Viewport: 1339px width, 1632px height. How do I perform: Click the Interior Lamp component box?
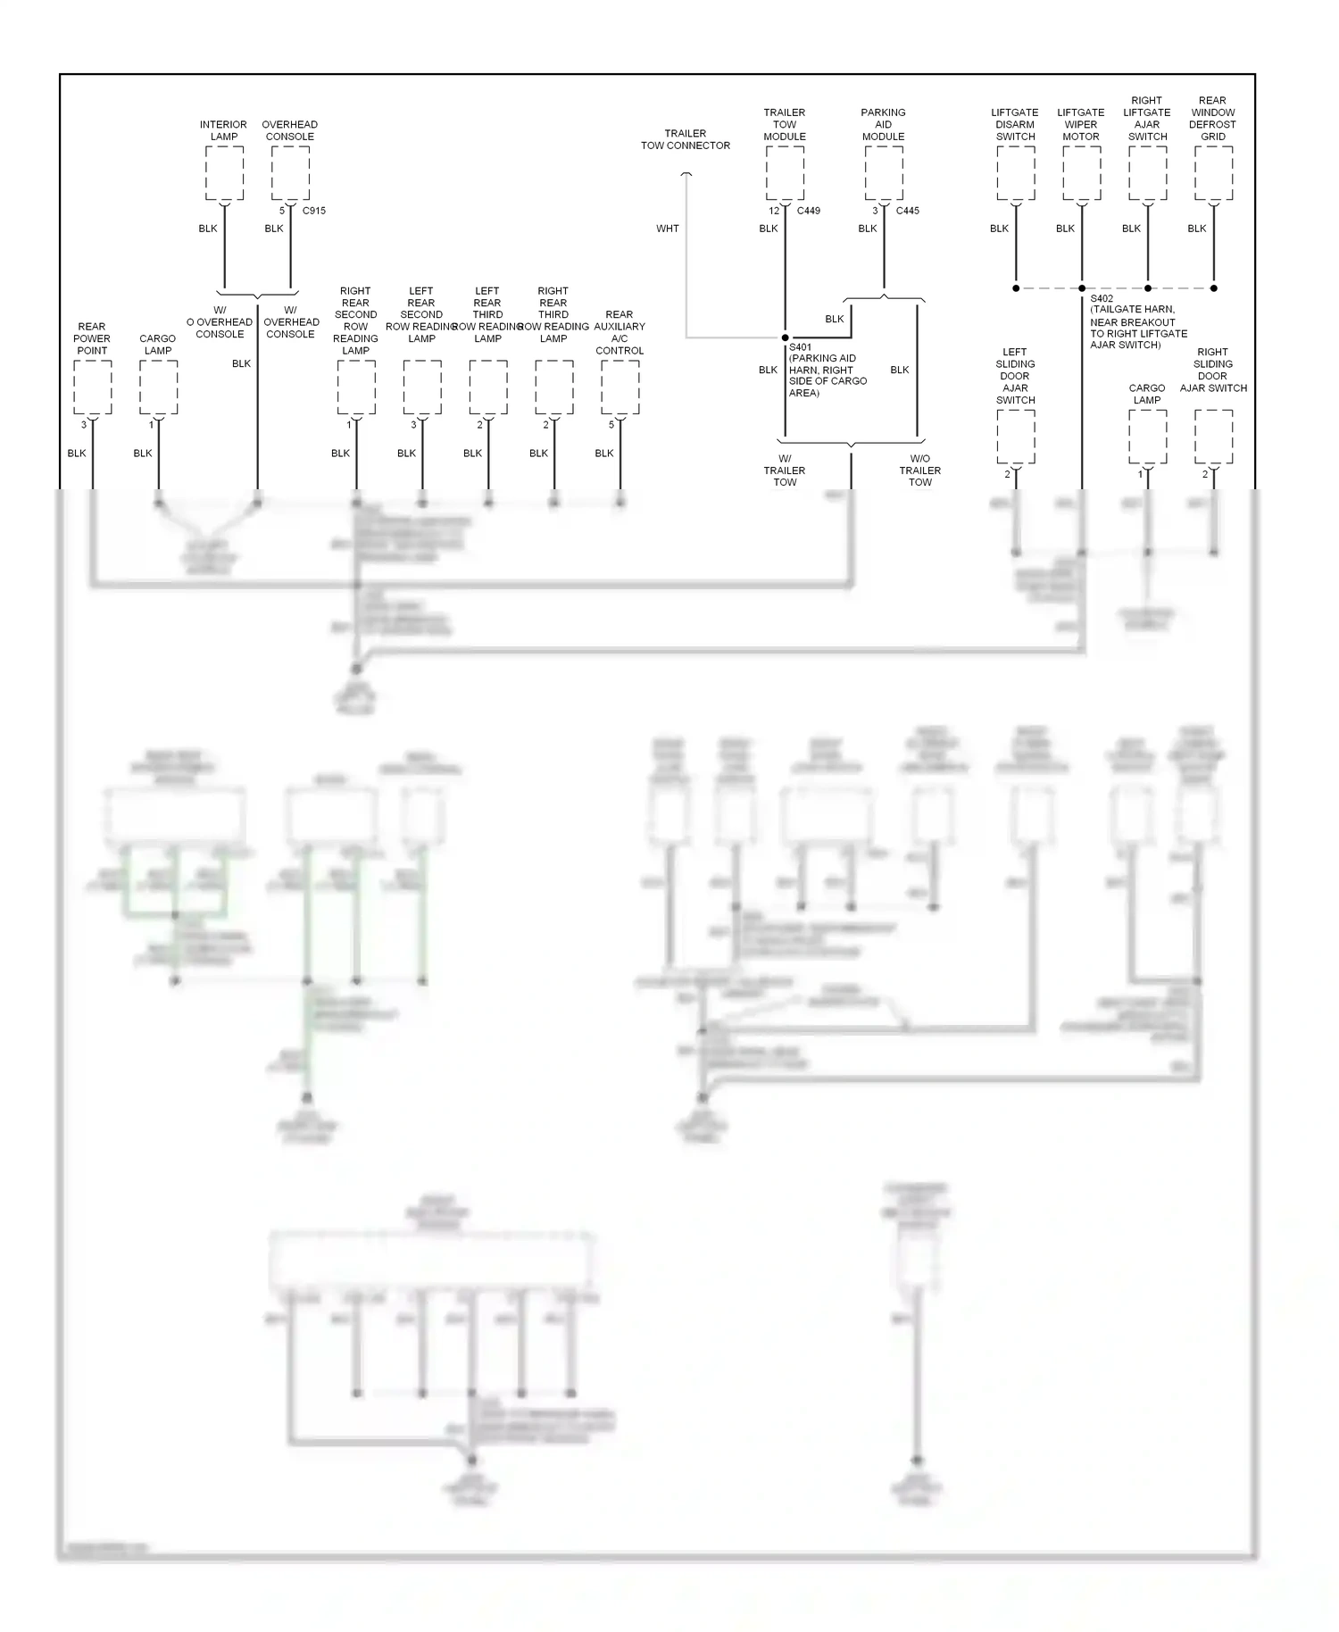224,173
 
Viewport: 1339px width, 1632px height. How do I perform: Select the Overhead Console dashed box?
290,173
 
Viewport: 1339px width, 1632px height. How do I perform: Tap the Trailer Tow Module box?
785,173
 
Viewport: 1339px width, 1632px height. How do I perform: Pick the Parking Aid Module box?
884,173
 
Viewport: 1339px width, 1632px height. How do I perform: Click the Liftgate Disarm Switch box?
1016,173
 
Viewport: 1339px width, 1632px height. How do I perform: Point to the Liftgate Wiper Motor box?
1082,173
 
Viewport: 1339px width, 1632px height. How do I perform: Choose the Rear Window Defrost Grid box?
1213,173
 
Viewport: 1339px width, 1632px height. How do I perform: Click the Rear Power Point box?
93,387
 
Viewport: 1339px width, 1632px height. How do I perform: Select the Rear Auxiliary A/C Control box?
620,387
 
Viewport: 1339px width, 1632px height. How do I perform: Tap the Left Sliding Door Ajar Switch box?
1016,437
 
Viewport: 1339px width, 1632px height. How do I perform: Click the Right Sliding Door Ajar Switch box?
1213,437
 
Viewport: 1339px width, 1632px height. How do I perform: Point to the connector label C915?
314,211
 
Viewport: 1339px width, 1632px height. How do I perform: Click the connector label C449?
809,211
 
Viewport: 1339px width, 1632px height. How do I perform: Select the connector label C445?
908,211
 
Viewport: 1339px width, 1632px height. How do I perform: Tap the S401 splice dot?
785,337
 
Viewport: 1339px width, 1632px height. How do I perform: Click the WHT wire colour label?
668,229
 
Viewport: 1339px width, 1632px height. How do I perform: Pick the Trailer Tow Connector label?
686,139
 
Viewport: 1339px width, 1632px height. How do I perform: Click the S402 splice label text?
1102,299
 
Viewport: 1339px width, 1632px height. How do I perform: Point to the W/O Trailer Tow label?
920,470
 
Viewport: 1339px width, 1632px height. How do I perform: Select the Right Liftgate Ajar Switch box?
1148,173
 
